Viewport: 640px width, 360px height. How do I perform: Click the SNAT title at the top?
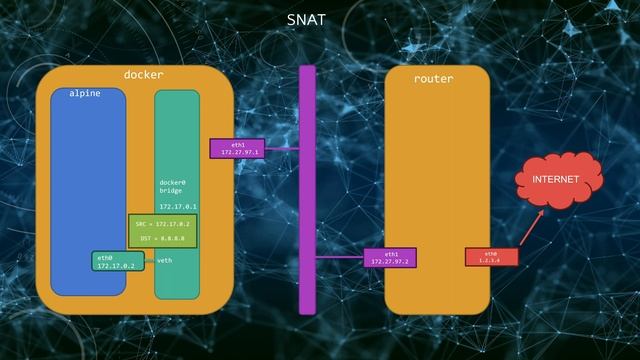click(x=305, y=19)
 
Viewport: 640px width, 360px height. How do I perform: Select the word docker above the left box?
click(x=143, y=75)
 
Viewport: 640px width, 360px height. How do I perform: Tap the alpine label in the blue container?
click(x=85, y=93)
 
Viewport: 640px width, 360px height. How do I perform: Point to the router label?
click(x=433, y=78)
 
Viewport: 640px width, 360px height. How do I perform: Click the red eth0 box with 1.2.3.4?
click(x=491, y=257)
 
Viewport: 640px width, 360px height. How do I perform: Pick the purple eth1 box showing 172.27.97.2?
click(x=390, y=257)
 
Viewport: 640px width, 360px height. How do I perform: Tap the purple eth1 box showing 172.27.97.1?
click(x=238, y=148)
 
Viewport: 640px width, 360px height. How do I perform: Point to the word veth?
click(x=165, y=260)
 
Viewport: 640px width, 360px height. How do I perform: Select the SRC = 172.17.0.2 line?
click(x=162, y=224)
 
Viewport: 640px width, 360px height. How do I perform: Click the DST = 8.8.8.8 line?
click(x=161, y=238)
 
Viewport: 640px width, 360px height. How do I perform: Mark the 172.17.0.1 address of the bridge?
click(x=178, y=206)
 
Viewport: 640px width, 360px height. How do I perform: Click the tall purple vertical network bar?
click(x=307, y=190)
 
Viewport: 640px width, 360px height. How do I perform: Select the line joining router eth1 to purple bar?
click(x=339, y=257)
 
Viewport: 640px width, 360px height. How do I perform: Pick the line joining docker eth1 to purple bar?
click(x=282, y=149)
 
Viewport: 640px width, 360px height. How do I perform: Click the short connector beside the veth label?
click(x=149, y=261)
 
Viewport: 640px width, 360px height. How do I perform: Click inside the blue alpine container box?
click(x=88, y=180)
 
